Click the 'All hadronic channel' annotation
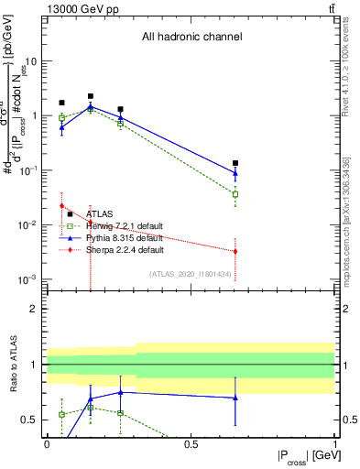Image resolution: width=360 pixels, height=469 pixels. [x=191, y=38]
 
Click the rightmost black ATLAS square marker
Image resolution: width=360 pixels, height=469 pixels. [x=235, y=163]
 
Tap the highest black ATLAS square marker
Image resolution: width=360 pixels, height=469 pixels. [x=91, y=96]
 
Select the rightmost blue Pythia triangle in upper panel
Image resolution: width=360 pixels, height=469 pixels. [x=235, y=172]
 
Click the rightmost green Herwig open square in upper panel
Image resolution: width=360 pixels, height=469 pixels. [x=235, y=194]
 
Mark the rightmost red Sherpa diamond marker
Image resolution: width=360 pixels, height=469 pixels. [x=235, y=251]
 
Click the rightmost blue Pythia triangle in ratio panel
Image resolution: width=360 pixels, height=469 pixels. [x=235, y=398]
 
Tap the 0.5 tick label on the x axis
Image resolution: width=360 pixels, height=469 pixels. [x=191, y=444]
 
